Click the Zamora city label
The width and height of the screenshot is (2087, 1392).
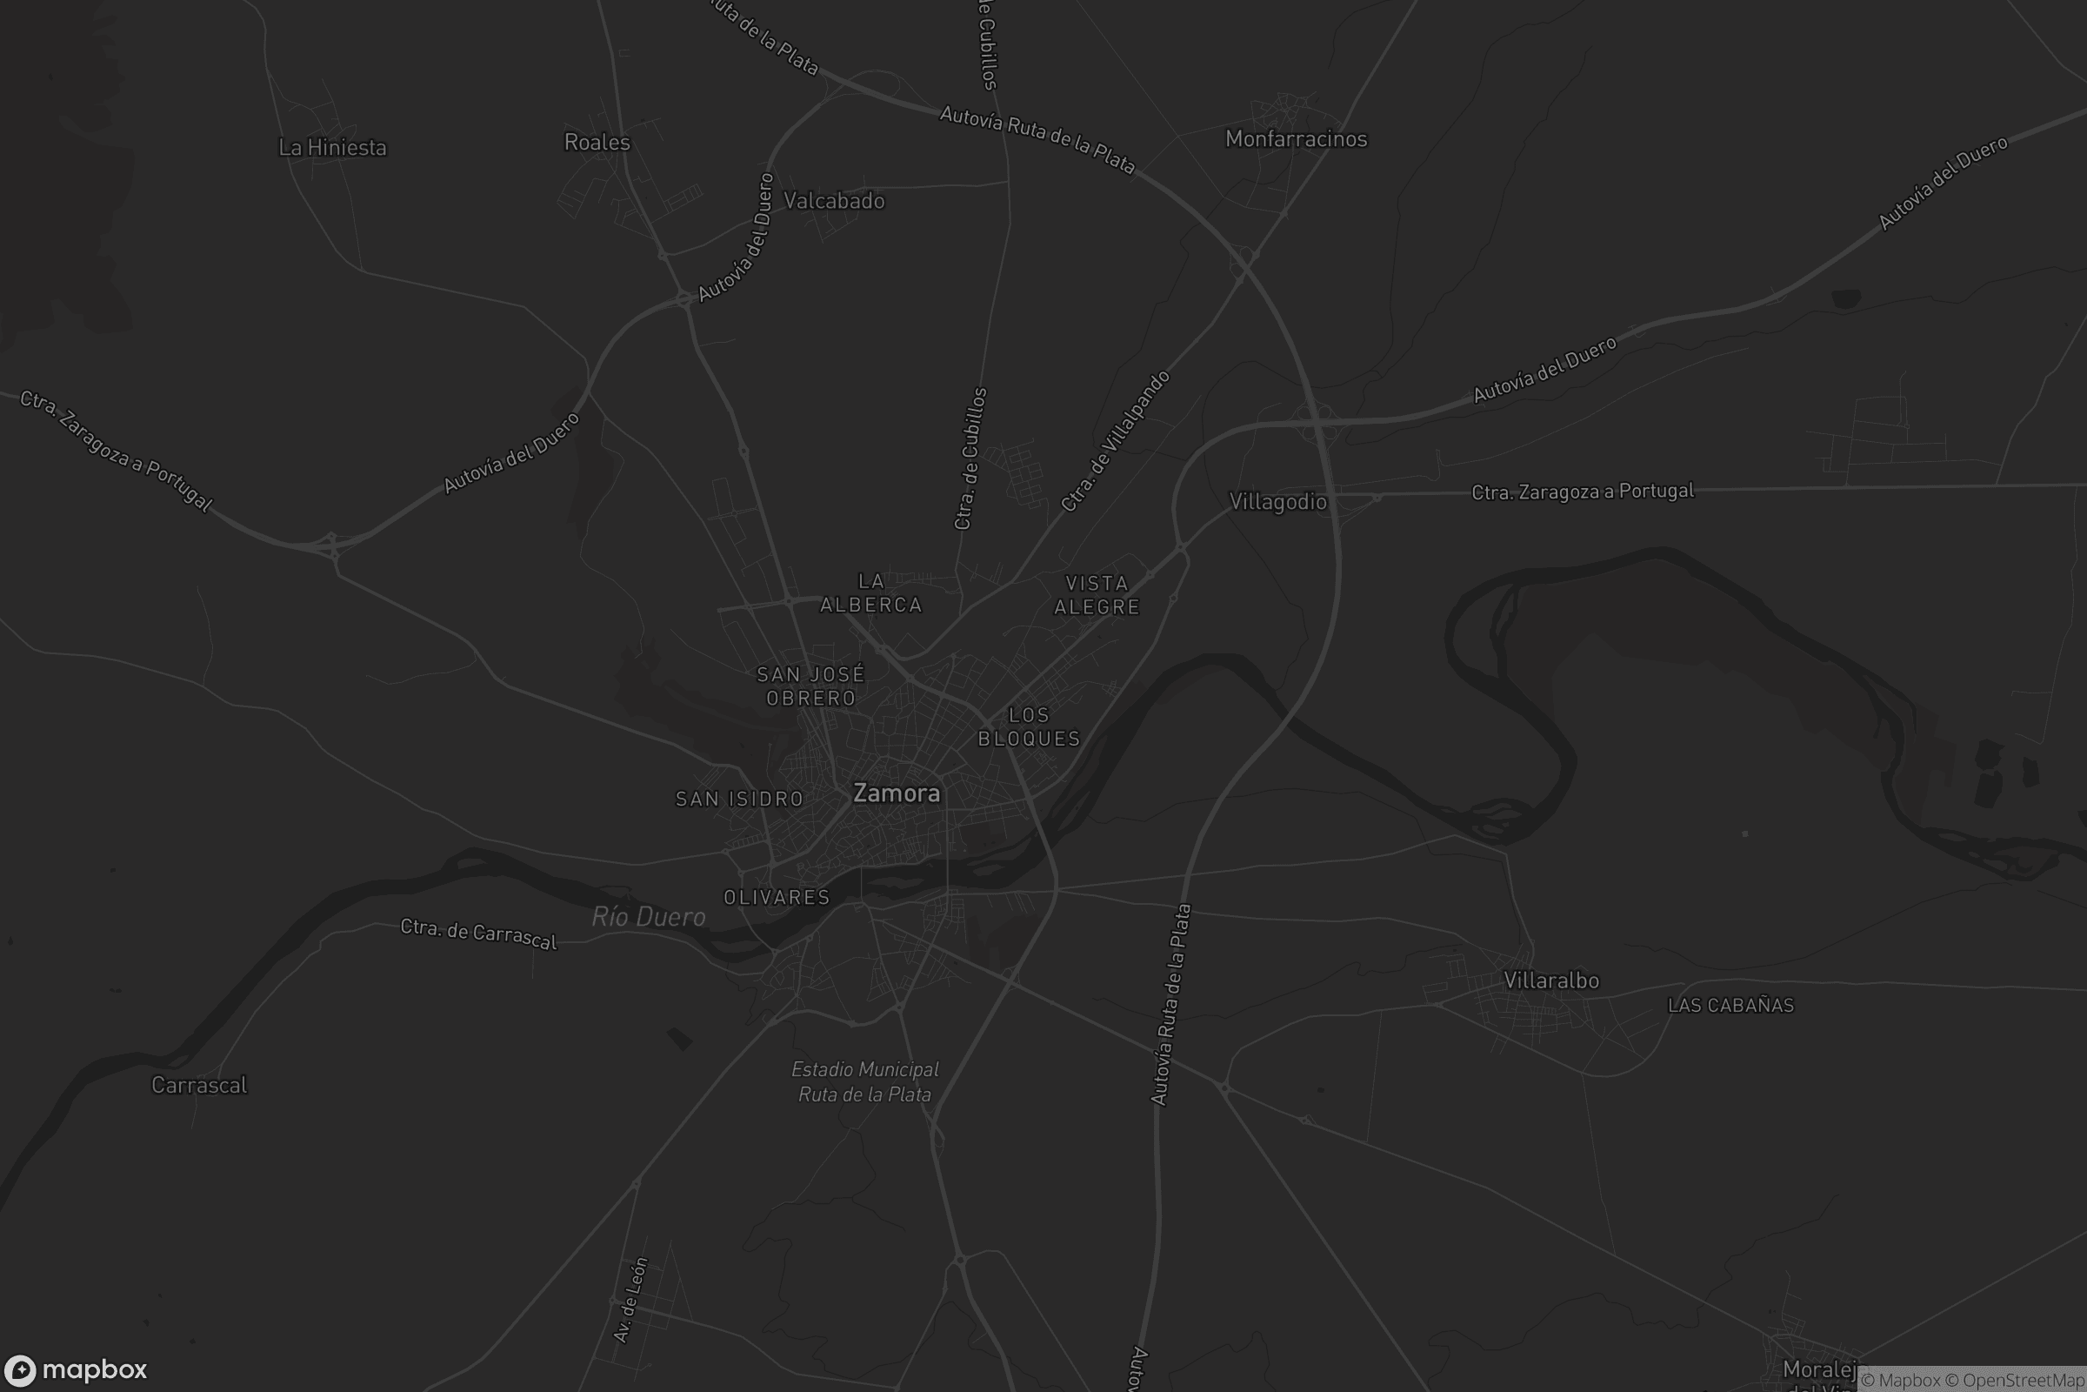(897, 793)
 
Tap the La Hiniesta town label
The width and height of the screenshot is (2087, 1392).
(333, 147)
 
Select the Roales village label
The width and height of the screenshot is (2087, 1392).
(597, 142)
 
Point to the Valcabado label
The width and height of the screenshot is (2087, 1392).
(834, 201)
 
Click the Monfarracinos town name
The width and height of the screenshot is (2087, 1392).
(1296, 138)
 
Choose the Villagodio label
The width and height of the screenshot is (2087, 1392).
(1277, 502)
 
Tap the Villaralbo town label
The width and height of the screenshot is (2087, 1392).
(1551, 980)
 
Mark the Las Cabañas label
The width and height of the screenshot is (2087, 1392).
(1730, 1005)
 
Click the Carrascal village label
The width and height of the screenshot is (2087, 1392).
(199, 1085)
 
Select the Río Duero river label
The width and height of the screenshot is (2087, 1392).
(649, 916)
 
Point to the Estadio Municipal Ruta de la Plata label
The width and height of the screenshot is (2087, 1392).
(865, 1081)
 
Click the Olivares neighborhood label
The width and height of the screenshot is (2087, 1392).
(777, 897)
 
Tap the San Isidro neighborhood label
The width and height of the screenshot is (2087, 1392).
(739, 799)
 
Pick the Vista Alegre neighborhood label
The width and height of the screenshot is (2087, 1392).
(1097, 595)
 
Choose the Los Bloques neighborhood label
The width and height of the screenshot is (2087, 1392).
(1030, 726)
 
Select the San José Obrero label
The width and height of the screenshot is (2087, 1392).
(811, 686)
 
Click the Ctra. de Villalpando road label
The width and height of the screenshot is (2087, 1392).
(1116, 441)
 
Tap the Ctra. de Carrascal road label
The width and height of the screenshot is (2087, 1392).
(478, 933)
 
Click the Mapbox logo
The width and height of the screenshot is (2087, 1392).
(77, 1369)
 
